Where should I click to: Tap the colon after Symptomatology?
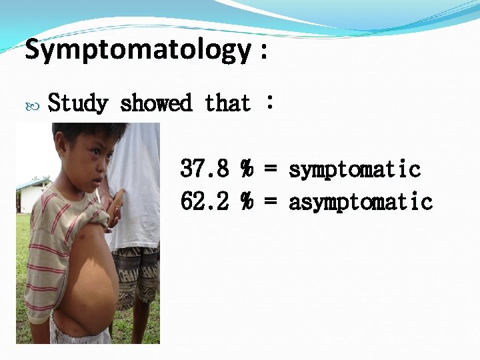point(264,52)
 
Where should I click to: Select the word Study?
point(78,103)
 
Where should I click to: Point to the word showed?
point(156,103)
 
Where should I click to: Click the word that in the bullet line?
point(227,103)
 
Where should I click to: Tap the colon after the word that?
point(269,103)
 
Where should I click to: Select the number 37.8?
point(205,169)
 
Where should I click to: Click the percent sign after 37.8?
point(247,169)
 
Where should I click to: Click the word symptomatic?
point(354,169)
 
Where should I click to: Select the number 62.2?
point(205,201)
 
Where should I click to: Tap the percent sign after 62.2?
point(247,201)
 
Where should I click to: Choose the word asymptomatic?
point(361,201)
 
